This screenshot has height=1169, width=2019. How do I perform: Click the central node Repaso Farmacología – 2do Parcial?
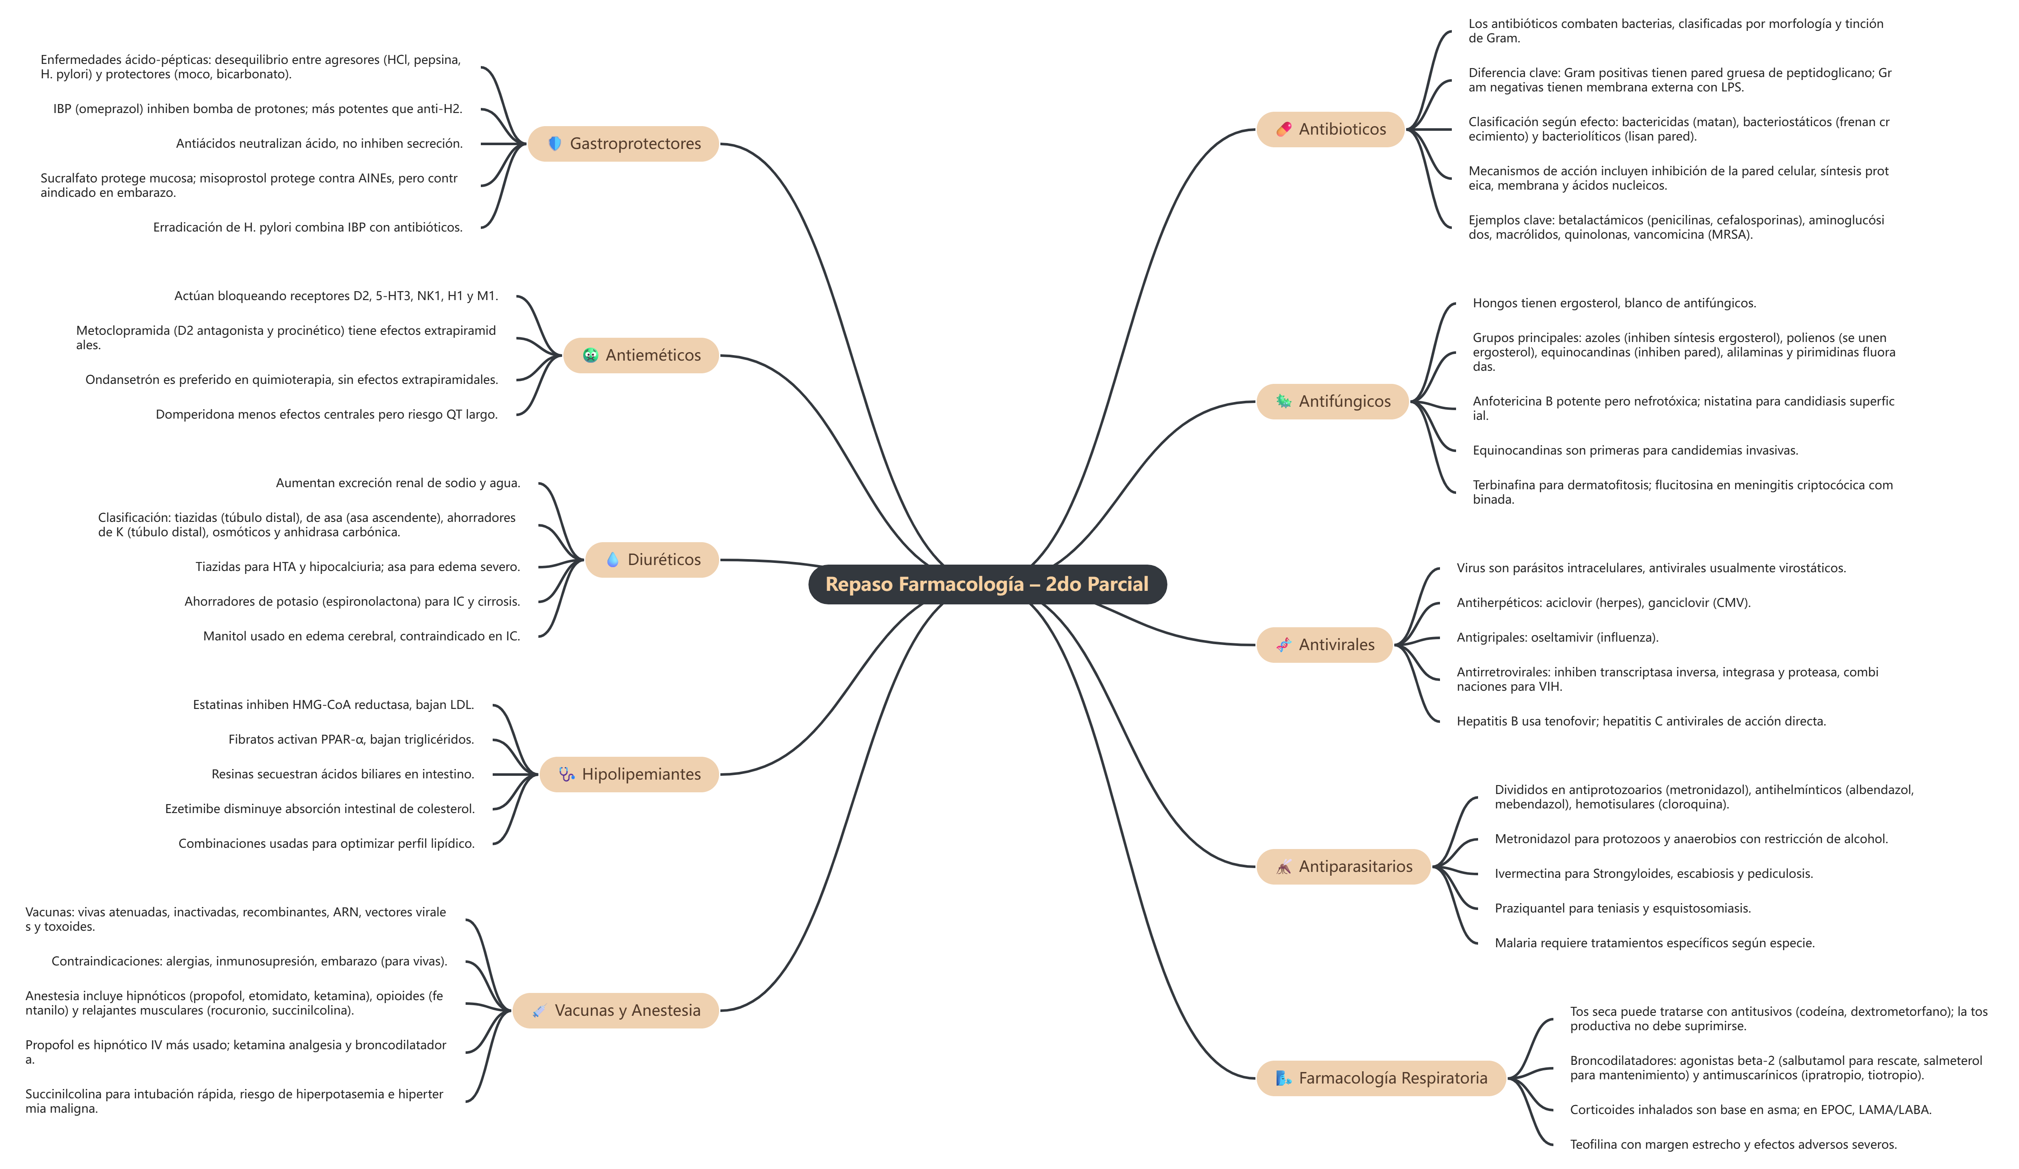click(987, 584)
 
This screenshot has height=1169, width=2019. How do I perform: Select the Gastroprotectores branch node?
click(623, 143)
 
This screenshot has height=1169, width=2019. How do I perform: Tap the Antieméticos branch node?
click(641, 355)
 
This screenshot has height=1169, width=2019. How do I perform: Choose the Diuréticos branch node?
click(652, 559)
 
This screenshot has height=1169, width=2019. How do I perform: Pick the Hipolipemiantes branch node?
click(629, 774)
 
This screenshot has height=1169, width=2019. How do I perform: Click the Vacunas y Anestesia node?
click(615, 1010)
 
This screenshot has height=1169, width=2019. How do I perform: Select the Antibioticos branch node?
click(1330, 129)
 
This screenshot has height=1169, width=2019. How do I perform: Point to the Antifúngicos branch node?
click(1332, 401)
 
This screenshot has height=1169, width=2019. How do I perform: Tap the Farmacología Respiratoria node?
click(1381, 1078)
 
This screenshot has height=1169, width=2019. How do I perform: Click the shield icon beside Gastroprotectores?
click(554, 143)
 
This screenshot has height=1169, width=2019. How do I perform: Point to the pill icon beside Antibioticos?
click(1283, 129)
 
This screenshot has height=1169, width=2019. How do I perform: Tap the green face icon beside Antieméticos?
click(590, 355)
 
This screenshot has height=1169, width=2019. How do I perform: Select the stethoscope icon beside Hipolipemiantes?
click(566, 774)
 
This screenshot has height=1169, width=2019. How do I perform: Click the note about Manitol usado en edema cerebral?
click(361, 636)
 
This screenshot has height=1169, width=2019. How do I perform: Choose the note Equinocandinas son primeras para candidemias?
click(1635, 450)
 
